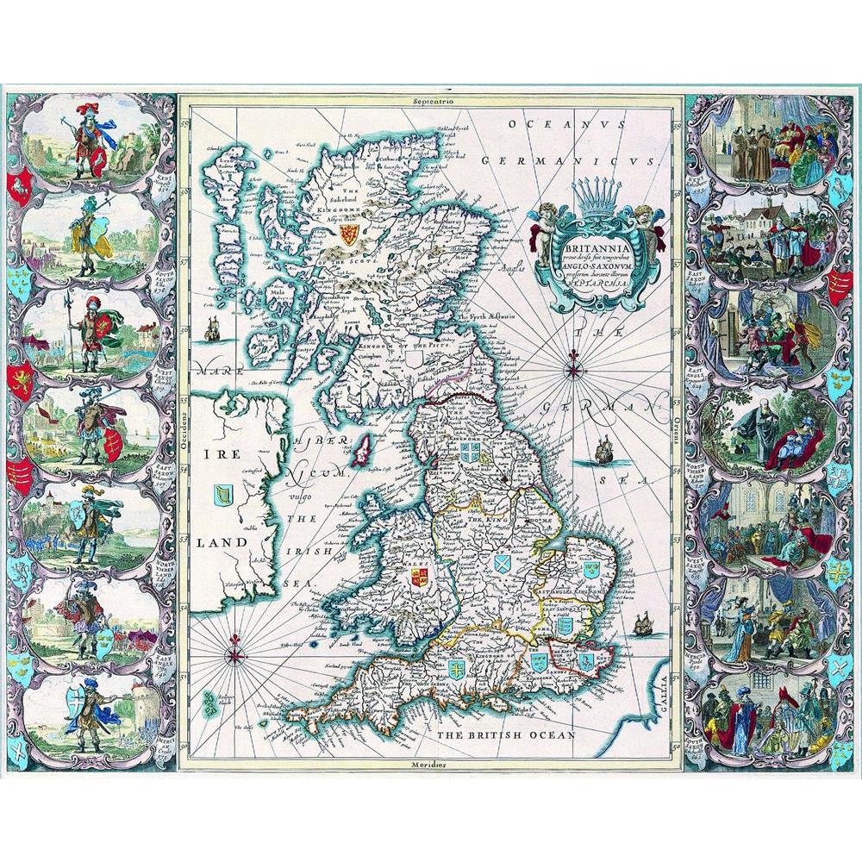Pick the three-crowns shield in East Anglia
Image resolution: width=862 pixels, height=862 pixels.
[x=590, y=570]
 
